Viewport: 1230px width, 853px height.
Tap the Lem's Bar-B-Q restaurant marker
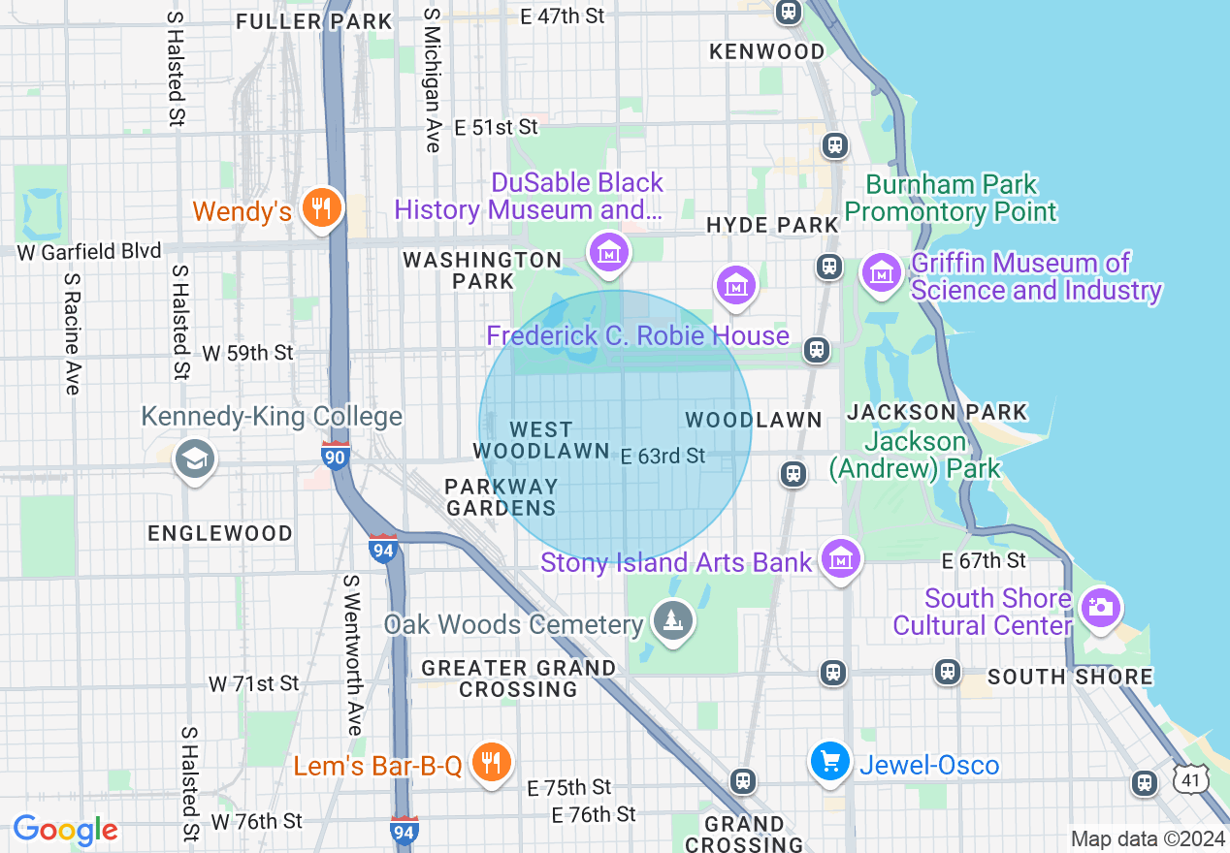[492, 763]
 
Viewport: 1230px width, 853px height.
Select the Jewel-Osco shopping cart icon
[830, 761]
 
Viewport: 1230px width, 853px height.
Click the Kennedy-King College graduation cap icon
[194, 460]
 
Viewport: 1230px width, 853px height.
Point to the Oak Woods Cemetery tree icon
[670, 617]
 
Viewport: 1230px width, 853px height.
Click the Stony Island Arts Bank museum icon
[840, 559]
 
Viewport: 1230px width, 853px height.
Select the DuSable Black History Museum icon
[609, 253]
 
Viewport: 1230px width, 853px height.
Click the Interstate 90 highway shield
[336, 456]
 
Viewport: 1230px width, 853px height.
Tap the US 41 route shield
[1190, 778]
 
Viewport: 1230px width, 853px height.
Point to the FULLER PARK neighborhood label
[314, 21]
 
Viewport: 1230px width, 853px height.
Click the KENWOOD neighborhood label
[766, 51]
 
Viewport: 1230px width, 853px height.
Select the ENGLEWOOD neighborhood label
[220, 533]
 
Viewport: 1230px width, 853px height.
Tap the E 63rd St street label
[663, 456]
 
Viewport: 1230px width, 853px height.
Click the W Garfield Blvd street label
[89, 252]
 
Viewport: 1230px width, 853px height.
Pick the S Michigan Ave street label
[432, 81]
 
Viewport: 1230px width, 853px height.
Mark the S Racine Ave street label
[72, 333]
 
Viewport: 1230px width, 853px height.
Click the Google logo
[65, 830]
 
